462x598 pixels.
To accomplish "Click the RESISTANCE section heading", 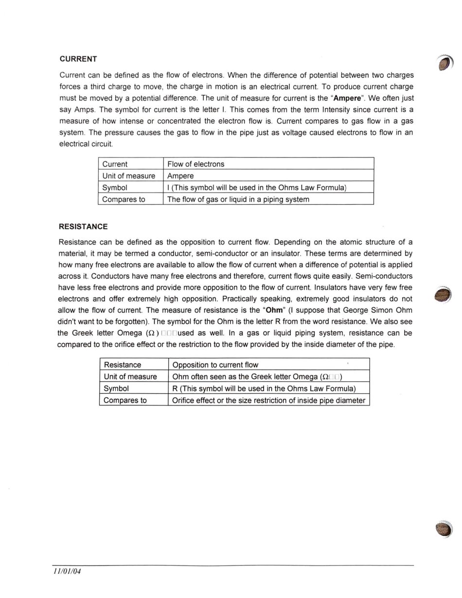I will tap(83, 227).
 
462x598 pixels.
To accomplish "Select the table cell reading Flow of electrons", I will tap(195, 164).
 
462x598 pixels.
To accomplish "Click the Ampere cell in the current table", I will tap(180, 176).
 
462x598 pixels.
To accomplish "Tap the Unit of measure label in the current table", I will tap(128, 176).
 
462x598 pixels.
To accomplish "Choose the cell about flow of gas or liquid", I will tap(238, 199).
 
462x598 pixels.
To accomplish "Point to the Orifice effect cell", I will tap(268, 400).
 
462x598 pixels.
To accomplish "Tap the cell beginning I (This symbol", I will tap(256, 187).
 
